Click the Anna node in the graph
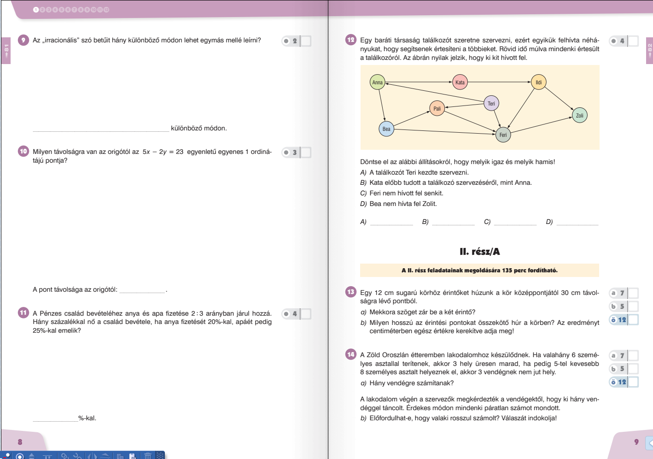click(377, 82)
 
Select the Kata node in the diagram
click(460, 82)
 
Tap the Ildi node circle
click(538, 82)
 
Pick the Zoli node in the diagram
click(579, 115)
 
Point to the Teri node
click(491, 103)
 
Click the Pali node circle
click(437, 108)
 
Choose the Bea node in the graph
click(386, 129)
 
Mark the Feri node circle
click(503, 135)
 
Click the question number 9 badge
click(23, 40)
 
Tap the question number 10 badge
click(23, 151)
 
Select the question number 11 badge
click(23, 313)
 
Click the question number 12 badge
click(351, 40)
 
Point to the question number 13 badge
click(351, 292)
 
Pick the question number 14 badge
click(351, 354)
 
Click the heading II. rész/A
click(479, 252)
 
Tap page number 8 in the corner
click(20, 442)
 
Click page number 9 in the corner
click(636, 442)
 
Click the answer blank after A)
click(391, 222)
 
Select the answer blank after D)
click(577, 222)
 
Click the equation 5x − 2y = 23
click(163, 152)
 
